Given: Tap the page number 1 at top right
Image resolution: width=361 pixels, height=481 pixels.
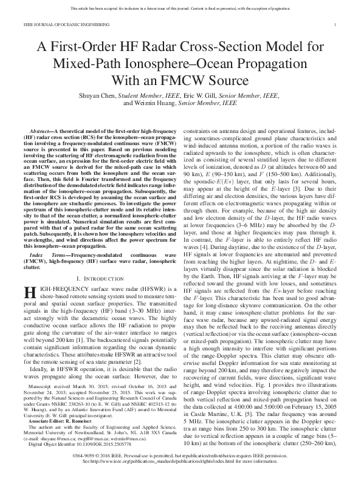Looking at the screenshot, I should click(x=336, y=24).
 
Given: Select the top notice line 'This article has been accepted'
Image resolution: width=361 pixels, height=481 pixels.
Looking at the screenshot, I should click(x=180, y=9).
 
